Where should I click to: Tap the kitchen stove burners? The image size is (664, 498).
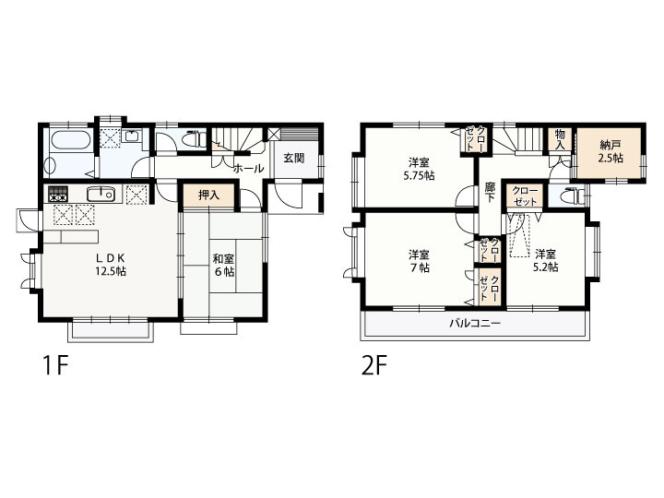[x=57, y=195]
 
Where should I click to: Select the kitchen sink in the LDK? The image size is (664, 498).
[x=101, y=195]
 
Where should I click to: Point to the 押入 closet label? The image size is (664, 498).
[x=208, y=196]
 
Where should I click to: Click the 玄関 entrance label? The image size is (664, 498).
[x=294, y=159]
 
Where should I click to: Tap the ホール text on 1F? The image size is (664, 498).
[x=249, y=169]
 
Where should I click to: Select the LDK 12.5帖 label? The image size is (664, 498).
[x=110, y=265]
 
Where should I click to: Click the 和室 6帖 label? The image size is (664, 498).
[x=223, y=265]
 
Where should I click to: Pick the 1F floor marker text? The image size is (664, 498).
[x=55, y=365]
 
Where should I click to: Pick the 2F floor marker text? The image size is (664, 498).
[x=374, y=365]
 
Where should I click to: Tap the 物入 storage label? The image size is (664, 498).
[x=561, y=139]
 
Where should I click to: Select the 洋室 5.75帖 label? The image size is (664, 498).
[x=419, y=169]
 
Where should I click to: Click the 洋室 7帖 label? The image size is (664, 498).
[x=419, y=262]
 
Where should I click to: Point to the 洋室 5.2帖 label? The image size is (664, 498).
[x=546, y=261]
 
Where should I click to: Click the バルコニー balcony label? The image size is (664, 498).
[x=475, y=324]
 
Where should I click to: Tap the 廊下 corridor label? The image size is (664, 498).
[x=490, y=193]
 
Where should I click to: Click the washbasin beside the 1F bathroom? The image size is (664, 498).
[x=131, y=136]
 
